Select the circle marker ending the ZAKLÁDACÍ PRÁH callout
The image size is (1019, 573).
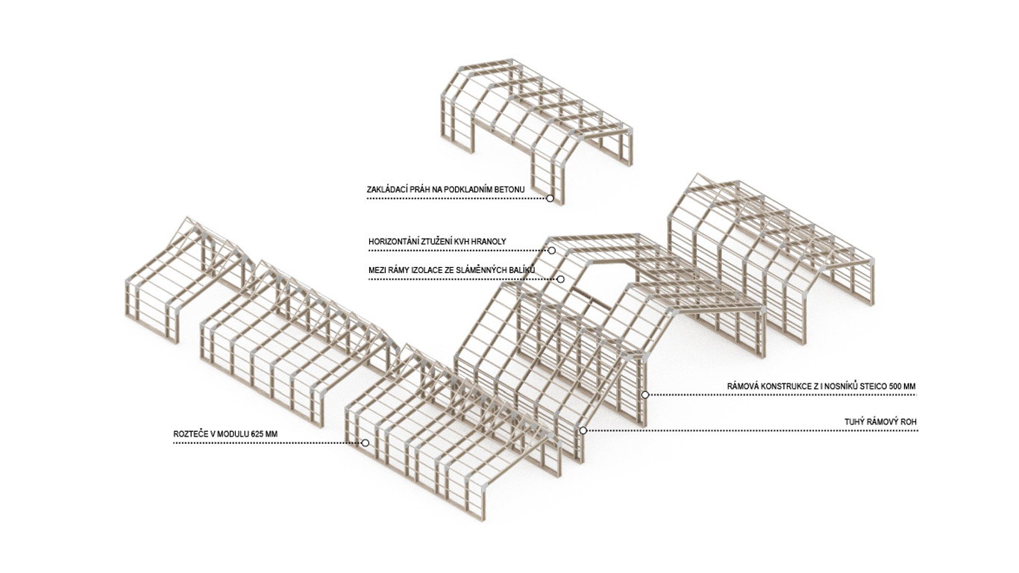pos(551,198)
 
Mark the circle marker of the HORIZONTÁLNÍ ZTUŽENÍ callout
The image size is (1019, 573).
pos(552,251)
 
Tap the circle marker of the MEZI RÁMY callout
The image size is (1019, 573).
pos(561,279)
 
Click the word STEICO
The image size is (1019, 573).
pos(863,386)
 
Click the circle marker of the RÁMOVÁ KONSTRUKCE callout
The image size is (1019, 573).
pos(645,395)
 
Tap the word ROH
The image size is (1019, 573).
pos(909,422)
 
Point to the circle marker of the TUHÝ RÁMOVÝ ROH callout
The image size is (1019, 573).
pos(583,430)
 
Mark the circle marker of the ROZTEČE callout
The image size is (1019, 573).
pos(366,443)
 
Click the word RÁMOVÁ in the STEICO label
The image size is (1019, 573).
pos(742,386)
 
